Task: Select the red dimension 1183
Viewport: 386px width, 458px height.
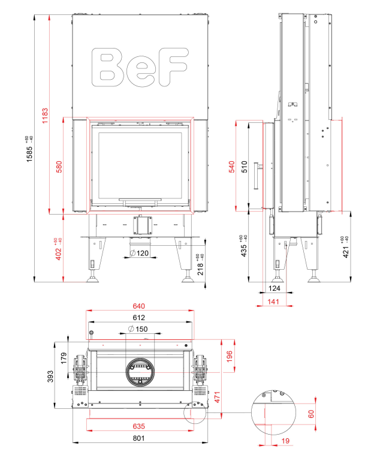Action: pos(45,116)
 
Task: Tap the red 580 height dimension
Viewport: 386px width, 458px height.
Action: pos(59,167)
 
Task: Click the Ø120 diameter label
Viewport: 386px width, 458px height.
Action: pos(139,253)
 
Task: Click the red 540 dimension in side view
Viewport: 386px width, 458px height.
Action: pos(231,167)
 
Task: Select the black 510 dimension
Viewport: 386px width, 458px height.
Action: pos(245,167)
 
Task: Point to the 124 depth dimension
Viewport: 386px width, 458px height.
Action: pos(274,288)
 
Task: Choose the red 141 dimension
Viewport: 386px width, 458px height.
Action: pos(273,302)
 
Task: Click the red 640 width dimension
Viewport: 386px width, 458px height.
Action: pos(138,306)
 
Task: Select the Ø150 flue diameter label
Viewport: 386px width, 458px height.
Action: pos(138,329)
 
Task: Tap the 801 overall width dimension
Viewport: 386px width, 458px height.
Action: pos(138,438)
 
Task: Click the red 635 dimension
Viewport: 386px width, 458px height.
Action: pos(138,426)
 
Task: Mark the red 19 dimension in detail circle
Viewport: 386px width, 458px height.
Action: pos(285,441)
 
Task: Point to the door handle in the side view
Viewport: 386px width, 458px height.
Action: pos(258,176)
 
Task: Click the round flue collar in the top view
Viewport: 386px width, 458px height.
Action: pos(140,372)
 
